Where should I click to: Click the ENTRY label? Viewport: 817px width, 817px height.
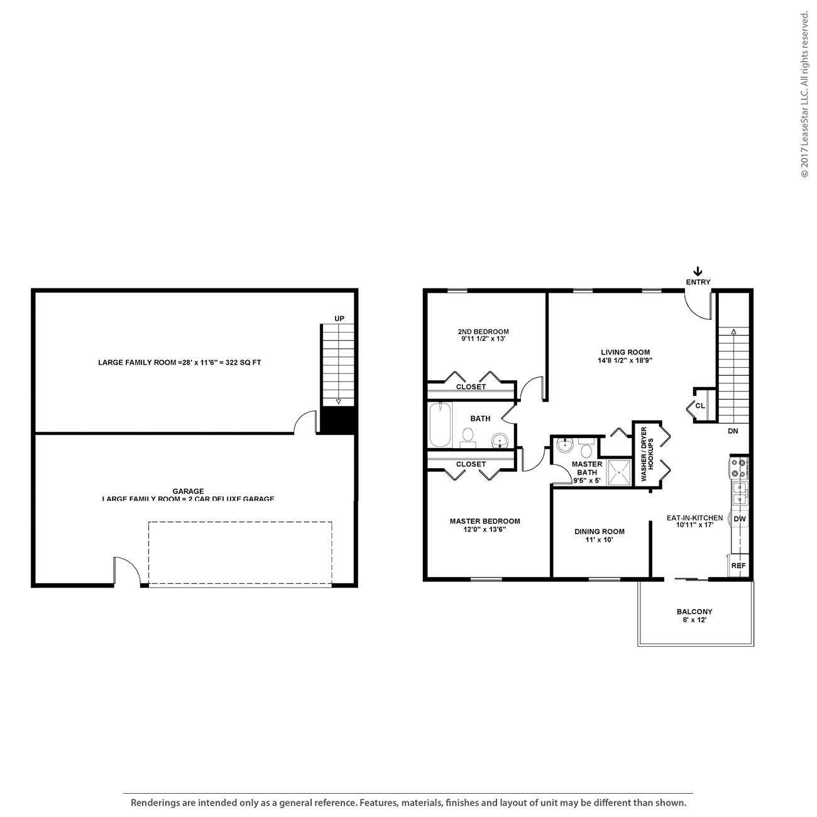pos(698,282)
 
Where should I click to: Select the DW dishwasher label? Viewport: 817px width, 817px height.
pos(739,519)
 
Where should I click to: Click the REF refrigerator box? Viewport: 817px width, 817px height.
pos(739,566)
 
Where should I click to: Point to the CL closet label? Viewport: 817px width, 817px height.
pos(700,406)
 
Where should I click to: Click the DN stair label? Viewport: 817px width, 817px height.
pos(733,431)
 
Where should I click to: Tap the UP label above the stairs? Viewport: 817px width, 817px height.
pos(339,319)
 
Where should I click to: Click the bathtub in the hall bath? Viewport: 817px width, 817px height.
pos(441,425)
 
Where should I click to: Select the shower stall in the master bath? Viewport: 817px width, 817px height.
pos(619,472)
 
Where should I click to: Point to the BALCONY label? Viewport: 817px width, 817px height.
pos(694,611)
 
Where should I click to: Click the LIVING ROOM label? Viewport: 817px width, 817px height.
pos(625,353)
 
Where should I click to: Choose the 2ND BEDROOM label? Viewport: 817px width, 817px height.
pos(483,332)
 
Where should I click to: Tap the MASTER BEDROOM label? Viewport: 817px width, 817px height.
pos(485,521)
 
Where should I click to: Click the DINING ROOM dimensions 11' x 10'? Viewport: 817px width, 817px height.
pos(599,540)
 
